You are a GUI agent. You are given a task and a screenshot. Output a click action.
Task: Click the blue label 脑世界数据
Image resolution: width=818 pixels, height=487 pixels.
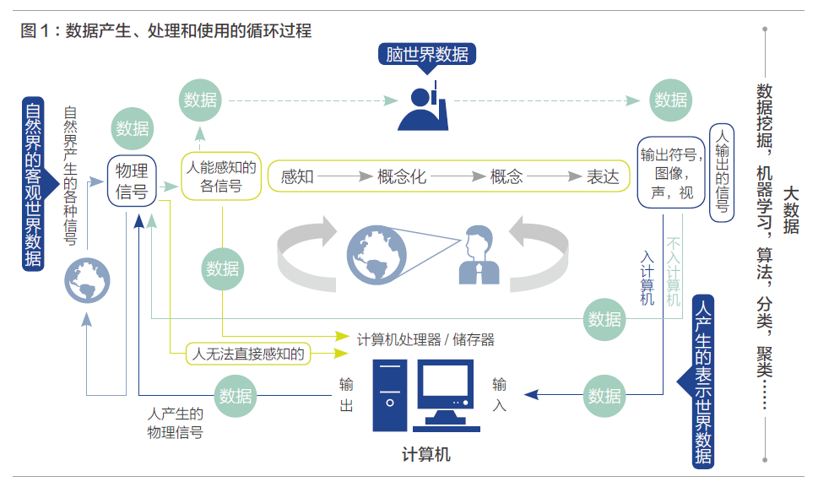(x=427, y=55)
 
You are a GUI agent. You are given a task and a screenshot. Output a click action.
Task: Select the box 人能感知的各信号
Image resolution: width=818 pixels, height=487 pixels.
(x=221, y=176)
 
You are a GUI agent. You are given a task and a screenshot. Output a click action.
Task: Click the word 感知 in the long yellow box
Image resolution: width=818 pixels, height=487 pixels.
(x=297, y=177)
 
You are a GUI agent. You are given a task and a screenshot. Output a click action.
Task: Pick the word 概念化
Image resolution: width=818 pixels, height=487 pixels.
(x=402, y=177)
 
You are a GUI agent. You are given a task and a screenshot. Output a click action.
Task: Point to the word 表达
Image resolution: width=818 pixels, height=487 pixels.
(x=603, y=177)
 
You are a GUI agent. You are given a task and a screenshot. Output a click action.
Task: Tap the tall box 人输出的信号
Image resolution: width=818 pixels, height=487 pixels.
(x=722, y=172)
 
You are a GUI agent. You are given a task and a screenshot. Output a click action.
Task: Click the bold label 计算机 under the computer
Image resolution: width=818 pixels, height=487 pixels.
(x=426, y=455)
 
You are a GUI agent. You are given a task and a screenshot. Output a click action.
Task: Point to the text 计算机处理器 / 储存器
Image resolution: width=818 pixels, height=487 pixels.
(x=425, y=339)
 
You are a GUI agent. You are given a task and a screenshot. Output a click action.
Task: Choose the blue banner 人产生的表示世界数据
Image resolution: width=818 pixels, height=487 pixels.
(x=703, y=381)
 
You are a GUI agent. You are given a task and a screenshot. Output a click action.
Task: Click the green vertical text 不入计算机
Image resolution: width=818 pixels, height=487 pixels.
(x=673, y=270)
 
